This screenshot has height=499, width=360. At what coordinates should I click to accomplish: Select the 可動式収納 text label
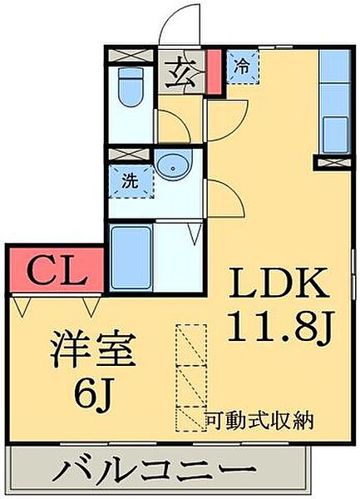tap(259, 421)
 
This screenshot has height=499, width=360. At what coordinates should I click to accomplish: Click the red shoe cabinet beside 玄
tap(213, 72)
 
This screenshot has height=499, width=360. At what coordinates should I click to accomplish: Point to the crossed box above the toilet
tap(131, 57)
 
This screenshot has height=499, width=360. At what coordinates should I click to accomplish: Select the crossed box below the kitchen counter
tap(335, 161)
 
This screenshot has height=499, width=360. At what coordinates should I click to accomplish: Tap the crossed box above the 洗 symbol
tap(131, 156)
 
